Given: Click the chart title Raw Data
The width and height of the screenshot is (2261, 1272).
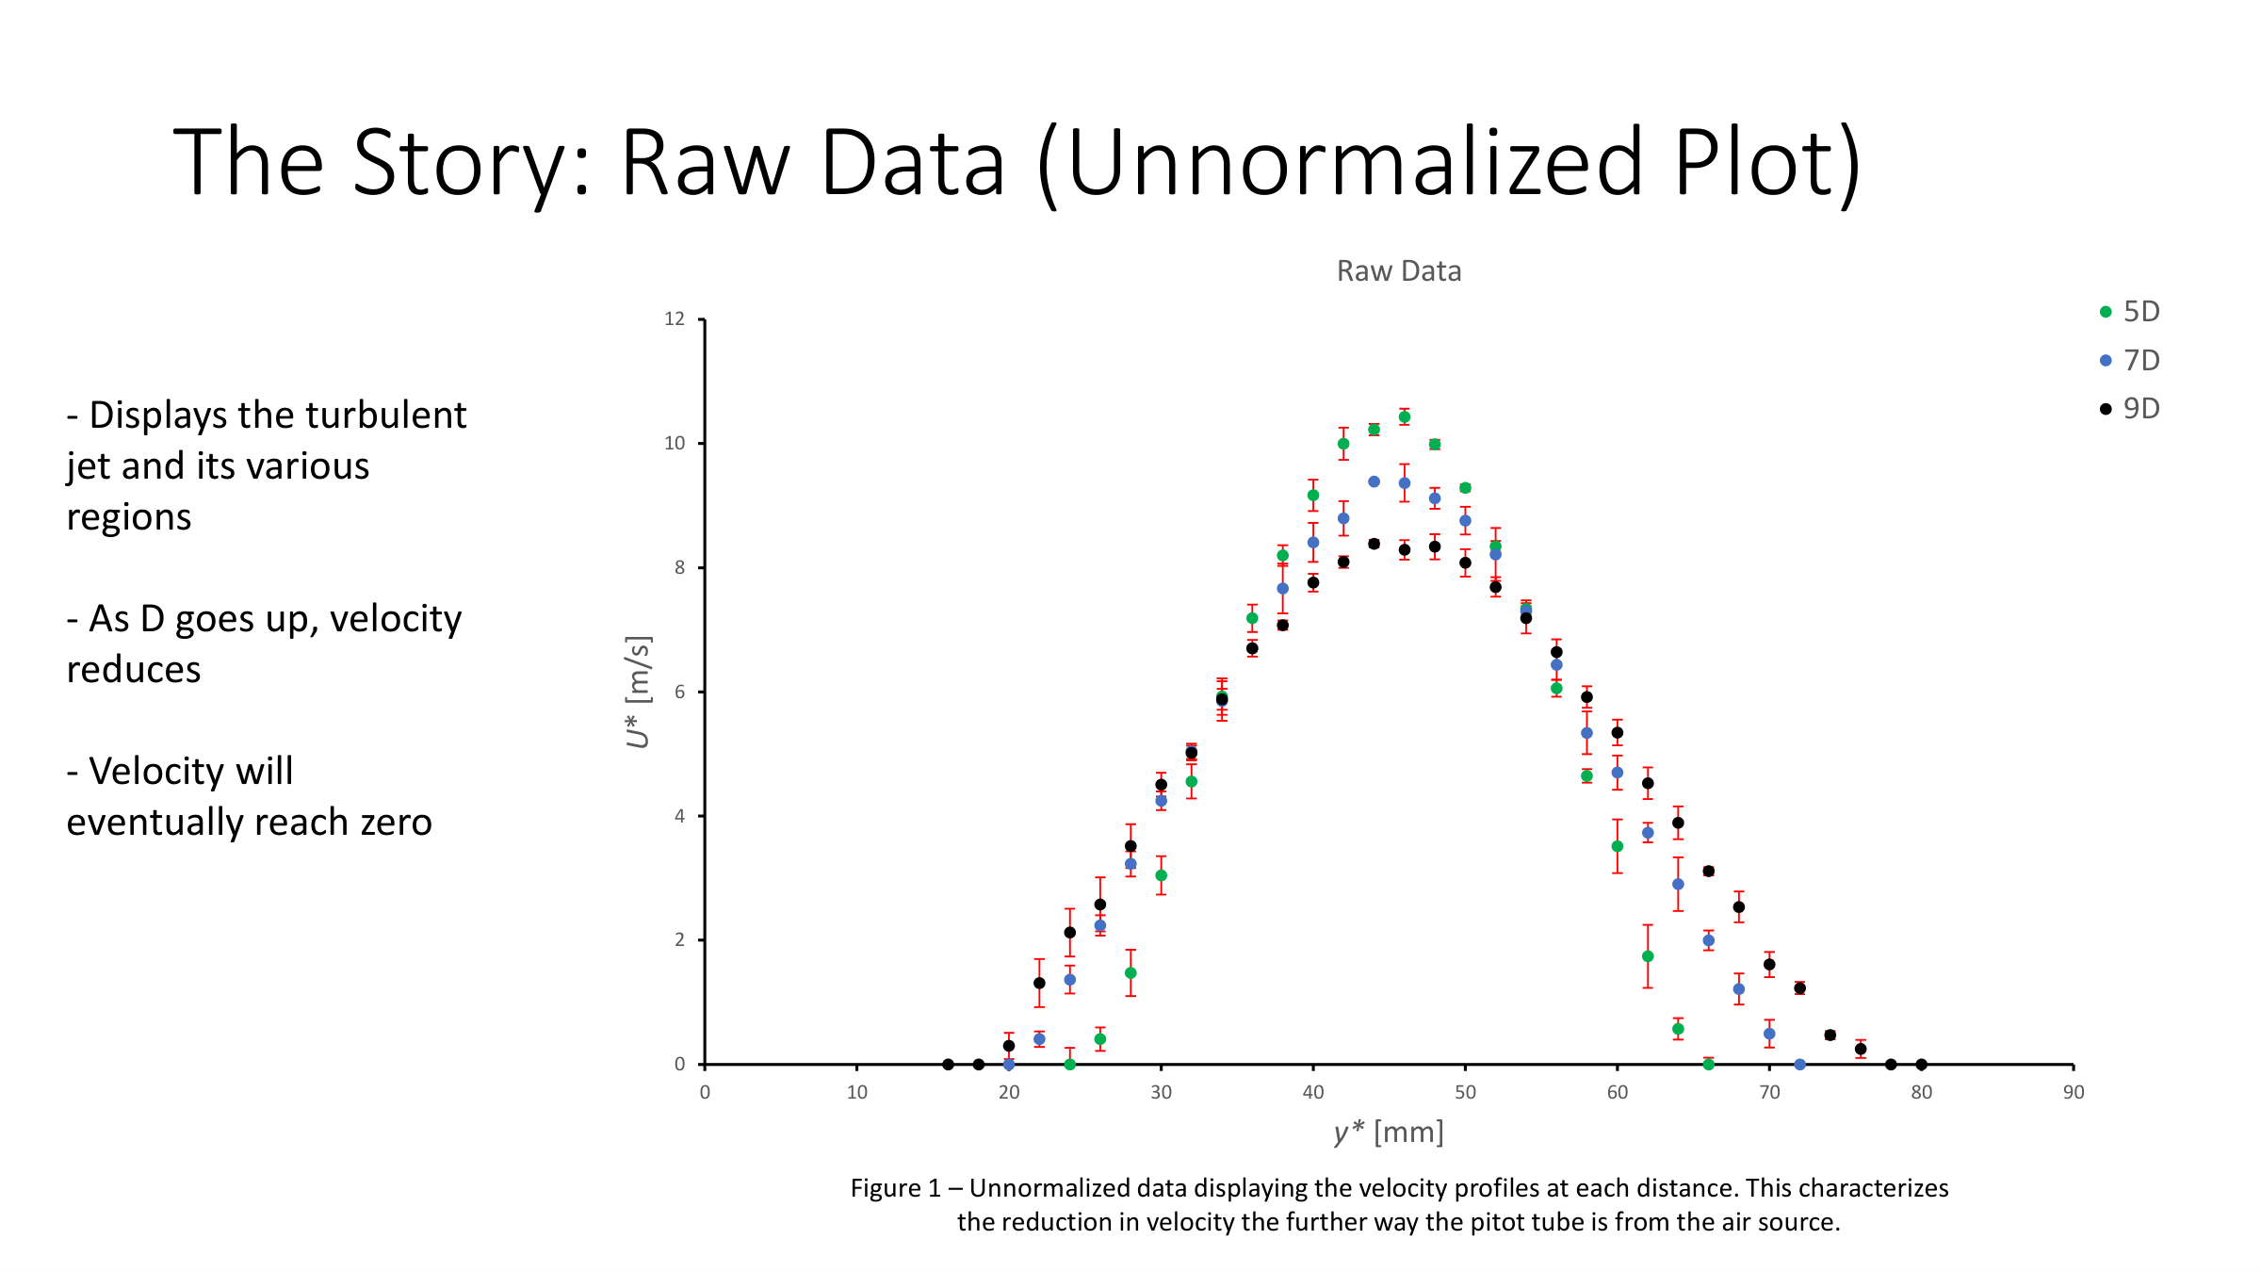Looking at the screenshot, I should pos(1398,271).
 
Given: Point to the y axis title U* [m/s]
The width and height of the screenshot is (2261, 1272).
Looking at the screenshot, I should pos(638,692).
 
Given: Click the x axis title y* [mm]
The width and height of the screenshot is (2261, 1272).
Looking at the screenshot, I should pos(1389,1132).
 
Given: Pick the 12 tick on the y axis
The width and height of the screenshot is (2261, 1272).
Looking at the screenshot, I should pos(675,319).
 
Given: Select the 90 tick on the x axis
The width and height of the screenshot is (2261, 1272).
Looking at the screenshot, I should pos(2073,1093).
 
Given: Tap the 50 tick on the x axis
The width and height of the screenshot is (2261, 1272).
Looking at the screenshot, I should pos(1465,1093).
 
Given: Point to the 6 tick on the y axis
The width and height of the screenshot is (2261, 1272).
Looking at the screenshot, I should pos(679,692).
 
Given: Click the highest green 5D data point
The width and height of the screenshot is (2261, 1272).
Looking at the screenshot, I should pos(1404,417).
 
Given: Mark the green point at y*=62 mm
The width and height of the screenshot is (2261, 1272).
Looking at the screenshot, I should pos(1648,956).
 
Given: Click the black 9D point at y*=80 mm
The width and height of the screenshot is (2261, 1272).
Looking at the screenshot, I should pos(1921,1065).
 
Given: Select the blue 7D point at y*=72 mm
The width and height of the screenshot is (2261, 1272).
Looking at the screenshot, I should pos(1799,1065).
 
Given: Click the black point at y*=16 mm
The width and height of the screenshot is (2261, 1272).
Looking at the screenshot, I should pos(948,1065).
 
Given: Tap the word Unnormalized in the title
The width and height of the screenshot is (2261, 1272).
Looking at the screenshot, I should pos(1355,165).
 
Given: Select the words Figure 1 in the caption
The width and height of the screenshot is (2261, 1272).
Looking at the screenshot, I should pos(895,1188).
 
